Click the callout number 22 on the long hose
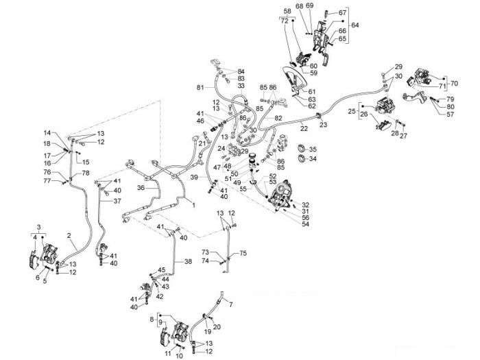(304, 129)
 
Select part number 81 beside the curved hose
(200, 88)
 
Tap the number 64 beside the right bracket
(355, 25)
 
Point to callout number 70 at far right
(454, 83)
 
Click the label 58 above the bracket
(287, 12)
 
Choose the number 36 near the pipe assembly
(141, 188)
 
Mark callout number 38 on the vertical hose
(189, 262)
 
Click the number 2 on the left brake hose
(69, 235)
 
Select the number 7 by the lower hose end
(231, 304)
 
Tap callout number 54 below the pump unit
(305, 224)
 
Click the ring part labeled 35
(303, 149)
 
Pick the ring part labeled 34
(303, 158)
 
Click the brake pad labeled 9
(164, 338)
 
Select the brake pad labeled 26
(383, 125)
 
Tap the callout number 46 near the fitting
(200, 121)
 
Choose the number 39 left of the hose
(194, 177)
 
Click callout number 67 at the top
(342, 12)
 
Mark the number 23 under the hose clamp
(323, 124)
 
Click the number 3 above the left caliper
(39, 227)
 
